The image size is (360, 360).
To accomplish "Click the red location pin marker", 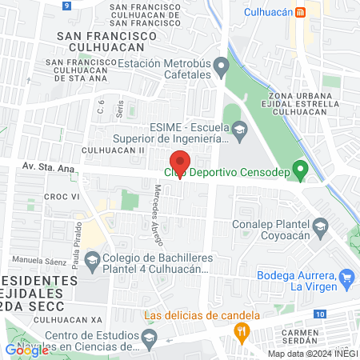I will (x=179, y=161).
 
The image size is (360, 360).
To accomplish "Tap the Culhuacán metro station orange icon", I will (x=300, y=12).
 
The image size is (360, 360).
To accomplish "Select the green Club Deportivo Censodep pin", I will (x=300, y=170).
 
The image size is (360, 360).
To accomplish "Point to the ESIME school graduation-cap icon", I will (x=239, y=129).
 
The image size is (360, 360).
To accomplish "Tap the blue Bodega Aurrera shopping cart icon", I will (x=346, y=278).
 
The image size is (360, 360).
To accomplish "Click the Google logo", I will (x=26, y=349).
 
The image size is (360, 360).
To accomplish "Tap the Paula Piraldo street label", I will (x=78, y=236).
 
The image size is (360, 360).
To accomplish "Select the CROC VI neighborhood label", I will (x=38, y=196).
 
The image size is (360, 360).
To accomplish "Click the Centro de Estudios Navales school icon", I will (x=147, y=341).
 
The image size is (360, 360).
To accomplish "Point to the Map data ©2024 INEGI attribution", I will (x=311, y=354).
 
